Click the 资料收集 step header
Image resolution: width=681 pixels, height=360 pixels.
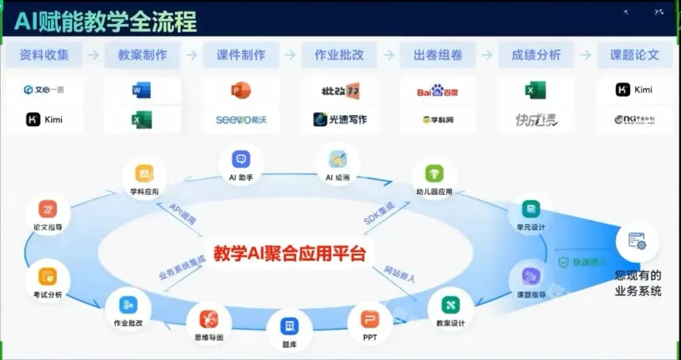(x=44, y=55)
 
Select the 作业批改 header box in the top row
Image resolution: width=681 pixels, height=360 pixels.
(x=339, y=55)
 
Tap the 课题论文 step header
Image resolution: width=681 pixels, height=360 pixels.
(x=634, y=55)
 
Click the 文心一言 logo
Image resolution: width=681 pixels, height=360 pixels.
(x=44, y=90)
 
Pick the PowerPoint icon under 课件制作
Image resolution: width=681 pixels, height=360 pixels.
(x=241, y=91)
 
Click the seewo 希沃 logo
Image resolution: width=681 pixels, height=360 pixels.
(x=241, y=119)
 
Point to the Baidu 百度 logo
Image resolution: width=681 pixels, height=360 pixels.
(x=438, y=91)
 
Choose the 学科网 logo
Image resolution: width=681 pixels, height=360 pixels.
(x=438, y=119)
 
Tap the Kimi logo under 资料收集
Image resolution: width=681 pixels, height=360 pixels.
(x=44, y=119)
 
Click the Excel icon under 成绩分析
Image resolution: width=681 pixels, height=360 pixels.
(x=535, y=91)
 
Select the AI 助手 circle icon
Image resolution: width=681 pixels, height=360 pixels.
(x=241, y=160)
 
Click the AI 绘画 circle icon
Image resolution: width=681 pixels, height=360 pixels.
(x=337, y=159)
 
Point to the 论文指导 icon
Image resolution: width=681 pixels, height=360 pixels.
(x=48, y=209)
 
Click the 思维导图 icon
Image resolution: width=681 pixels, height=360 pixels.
(x=209, y=319)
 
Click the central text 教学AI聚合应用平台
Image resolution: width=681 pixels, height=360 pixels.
(x=289, y=253)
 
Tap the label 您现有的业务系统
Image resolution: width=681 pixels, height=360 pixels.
(x=638, y=283)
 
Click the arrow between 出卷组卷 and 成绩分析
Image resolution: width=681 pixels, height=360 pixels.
(x=487, y=55)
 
